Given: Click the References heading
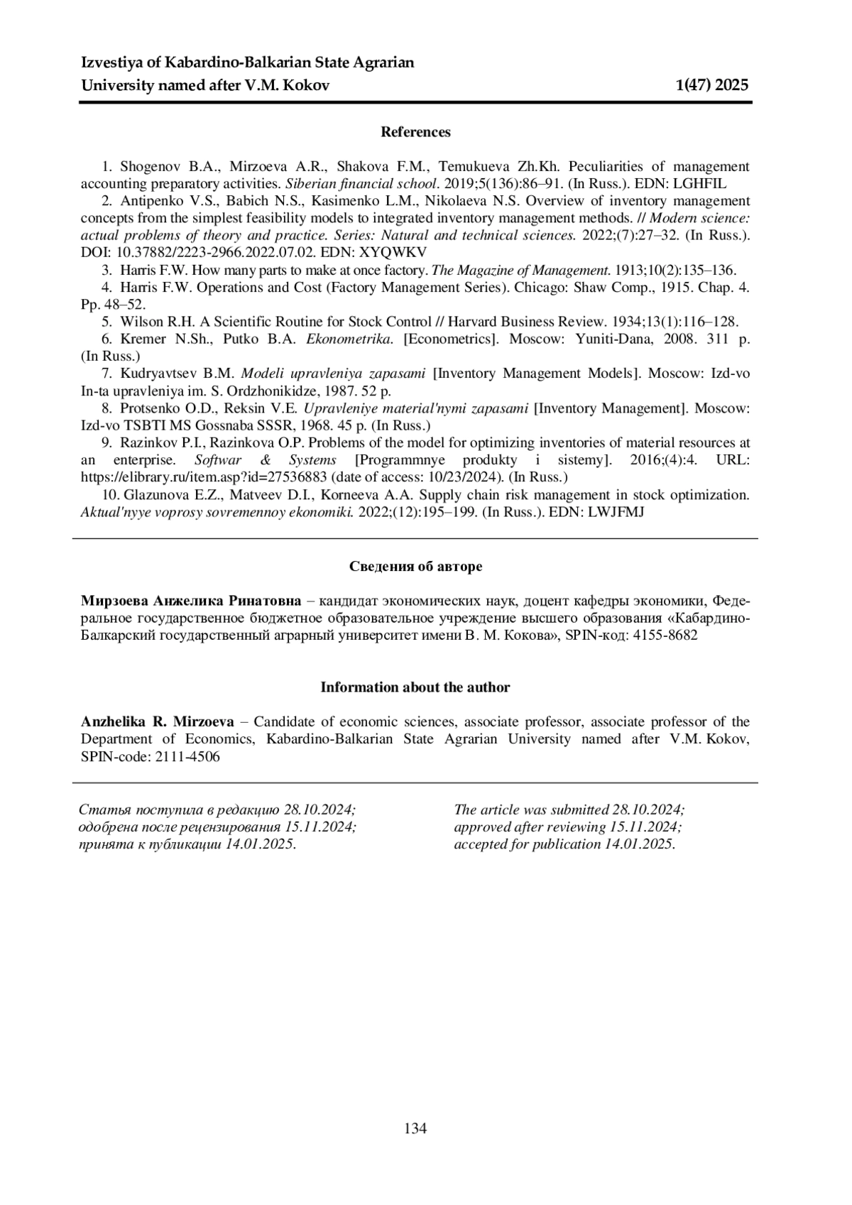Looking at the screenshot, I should (x=415, y=132).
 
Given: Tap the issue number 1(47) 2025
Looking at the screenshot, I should (x=712, y=86).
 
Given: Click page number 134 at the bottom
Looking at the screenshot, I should (x=415, y=1128).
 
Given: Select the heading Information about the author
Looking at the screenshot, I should (x=415, y=687).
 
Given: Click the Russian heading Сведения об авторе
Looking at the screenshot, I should (x=415, y=567).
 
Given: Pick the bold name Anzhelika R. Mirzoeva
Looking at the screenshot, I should (x=157, y=722).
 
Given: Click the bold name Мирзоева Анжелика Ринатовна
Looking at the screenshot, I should (x=191, y=601).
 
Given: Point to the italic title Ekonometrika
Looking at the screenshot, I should (x=349, y=339).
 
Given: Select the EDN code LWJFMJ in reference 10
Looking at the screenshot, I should (x=615, y=512).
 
